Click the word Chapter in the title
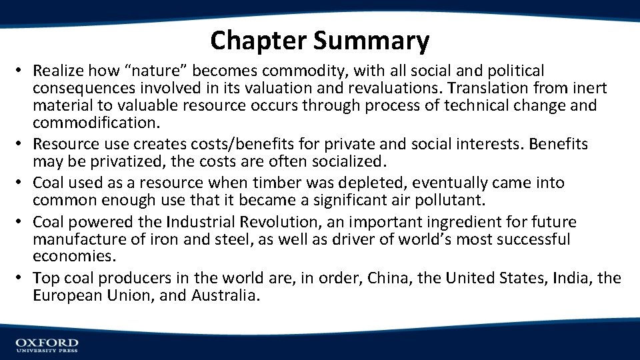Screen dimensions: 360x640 259,41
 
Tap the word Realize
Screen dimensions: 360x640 60,71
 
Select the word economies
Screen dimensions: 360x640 73,257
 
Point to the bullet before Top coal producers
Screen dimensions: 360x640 21,278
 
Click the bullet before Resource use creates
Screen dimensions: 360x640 21,144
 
